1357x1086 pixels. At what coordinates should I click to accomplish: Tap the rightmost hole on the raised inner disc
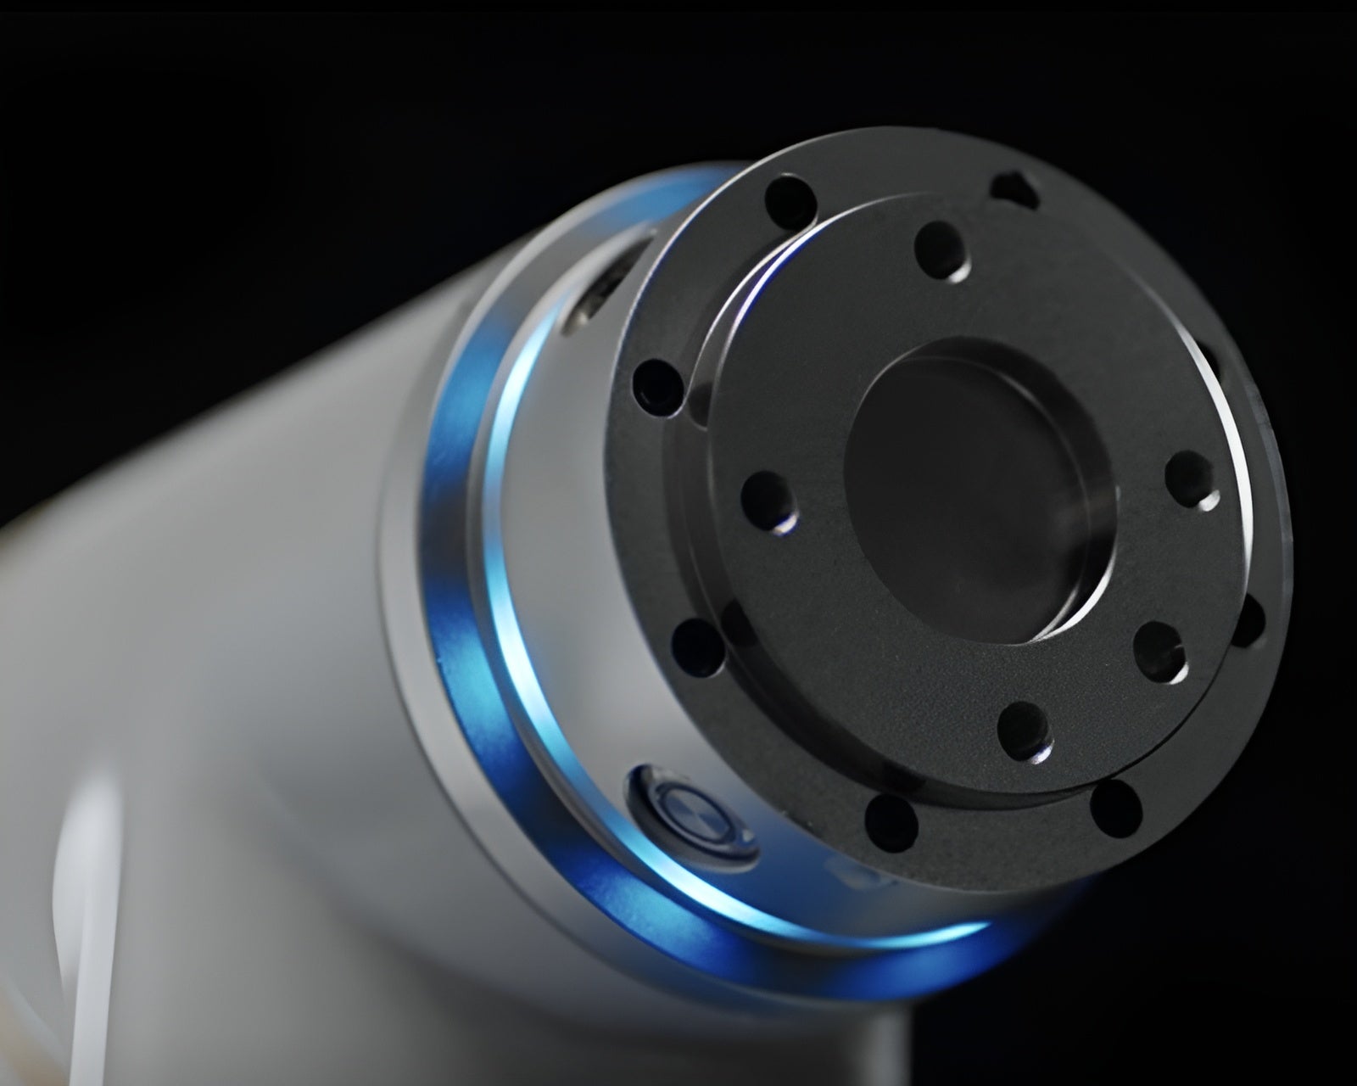coord(1191,479)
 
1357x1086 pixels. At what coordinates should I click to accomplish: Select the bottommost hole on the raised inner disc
coord(1025,731)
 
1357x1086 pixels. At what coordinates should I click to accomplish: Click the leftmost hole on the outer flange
coord(658,387)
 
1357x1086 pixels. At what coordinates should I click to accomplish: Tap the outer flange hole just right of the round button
coord(891,823)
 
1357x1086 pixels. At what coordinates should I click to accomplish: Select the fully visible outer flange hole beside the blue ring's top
coord(790,202)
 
